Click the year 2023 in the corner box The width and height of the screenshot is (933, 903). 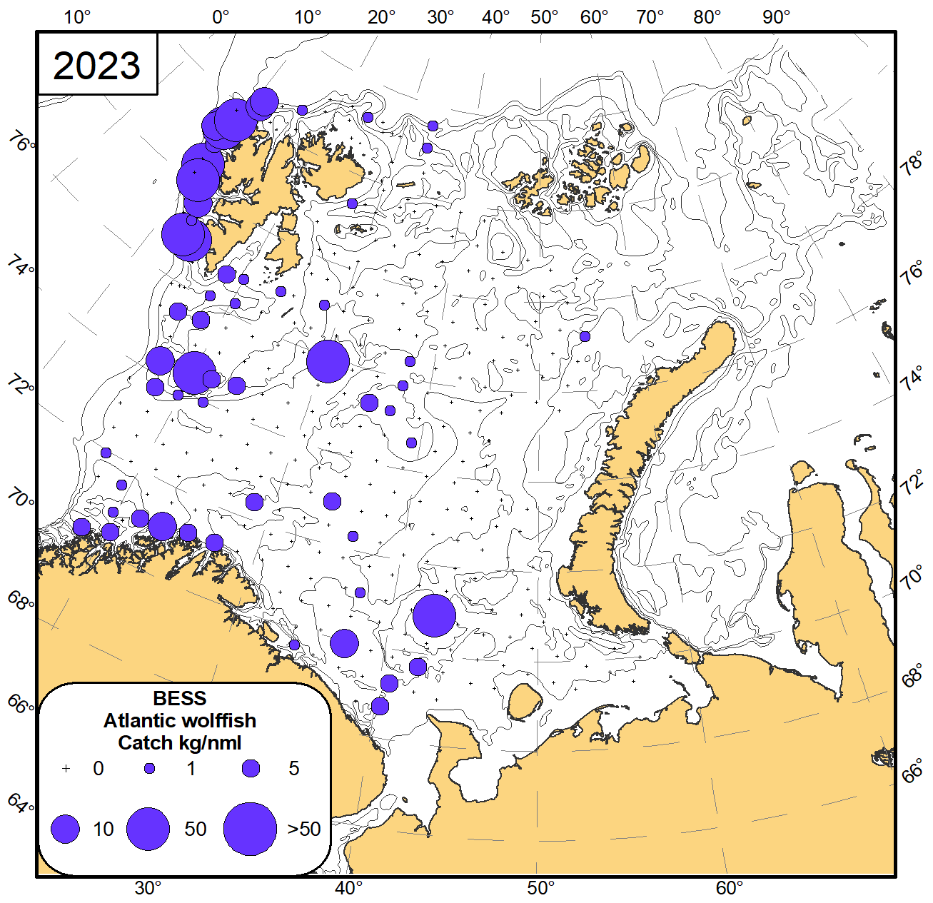(97, 66)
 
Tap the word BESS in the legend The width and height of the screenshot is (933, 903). (180, 698)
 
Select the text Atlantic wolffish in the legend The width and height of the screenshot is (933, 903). (180, 720)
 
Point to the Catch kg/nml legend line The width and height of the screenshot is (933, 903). (180, 742)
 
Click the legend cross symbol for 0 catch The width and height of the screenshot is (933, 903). (66, 769)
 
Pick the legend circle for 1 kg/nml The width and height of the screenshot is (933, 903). (150, 769)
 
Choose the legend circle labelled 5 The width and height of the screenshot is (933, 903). (251, 769)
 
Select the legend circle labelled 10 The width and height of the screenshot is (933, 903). (65, 829)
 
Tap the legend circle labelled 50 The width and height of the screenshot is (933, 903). (148, 829)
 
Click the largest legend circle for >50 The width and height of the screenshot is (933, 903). (250, 829)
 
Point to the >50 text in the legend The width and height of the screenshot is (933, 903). (304, 829)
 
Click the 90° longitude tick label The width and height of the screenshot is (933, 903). (776, 16)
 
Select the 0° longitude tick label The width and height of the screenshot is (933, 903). (221, 16)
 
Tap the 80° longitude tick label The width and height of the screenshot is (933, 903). (707, 16)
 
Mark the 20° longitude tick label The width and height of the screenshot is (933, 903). (382, 16)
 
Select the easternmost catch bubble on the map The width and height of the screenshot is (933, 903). (585, 336)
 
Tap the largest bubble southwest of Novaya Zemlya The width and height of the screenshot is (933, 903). (434, 615)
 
